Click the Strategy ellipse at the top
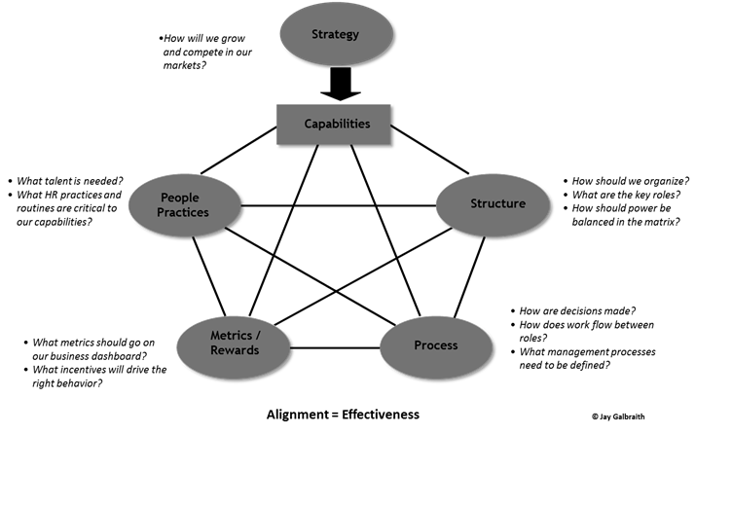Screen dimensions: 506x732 pyautogui.click(x=335, y=36)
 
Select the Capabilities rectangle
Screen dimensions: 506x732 pyautogui.click(x=336, y=124)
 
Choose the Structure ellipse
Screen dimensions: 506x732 pyautogui.click(x=497, y=203)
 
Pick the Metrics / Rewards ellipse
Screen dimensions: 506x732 pyautogui.click(x=235, y=343)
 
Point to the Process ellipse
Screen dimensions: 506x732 pyautogui.click(x=435, y=345)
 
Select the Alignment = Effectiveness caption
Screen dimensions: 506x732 pyautogui.click(x=343, y=415)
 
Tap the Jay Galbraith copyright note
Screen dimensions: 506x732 pyautogui.click(x=617, y=416)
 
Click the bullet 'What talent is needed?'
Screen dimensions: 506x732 pyautogui.click(x=70, y=180)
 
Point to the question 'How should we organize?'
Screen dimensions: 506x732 pyautogui.click(x=631, y=181)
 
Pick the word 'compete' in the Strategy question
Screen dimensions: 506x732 pyautogui.click(x=208, y=52)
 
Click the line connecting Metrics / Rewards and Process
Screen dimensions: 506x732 pyautogui.click(x=335, y=347)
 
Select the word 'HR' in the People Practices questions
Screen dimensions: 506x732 pyautogui.click(x=53, y=195)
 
